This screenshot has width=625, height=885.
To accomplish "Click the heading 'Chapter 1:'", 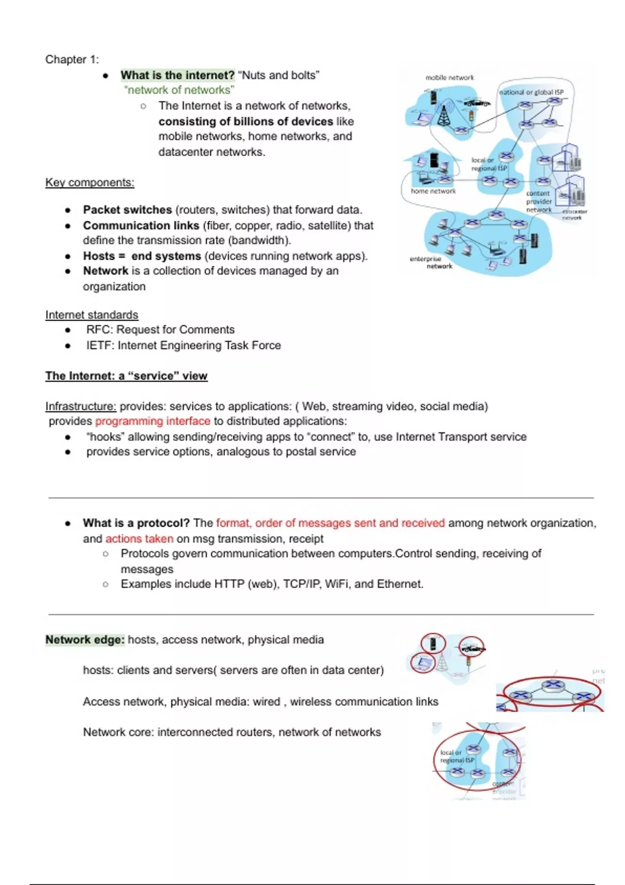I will point(72,59).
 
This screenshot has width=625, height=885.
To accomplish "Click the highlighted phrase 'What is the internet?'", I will point(178,75).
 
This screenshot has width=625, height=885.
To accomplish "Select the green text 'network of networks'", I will point(179,90).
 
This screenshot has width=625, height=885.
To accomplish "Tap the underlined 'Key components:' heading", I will point(90,182).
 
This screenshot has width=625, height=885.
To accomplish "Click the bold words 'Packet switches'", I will point(127,210).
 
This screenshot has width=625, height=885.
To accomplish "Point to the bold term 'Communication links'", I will point(141,225).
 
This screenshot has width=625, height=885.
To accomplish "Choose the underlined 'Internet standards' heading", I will point(92,315).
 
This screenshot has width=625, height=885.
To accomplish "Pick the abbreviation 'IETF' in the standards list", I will point(98,345).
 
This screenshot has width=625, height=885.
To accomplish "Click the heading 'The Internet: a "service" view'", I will point(126,376).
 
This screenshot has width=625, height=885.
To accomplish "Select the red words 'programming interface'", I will point(153,421).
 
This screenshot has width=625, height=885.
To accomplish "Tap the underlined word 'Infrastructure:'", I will point(81,406).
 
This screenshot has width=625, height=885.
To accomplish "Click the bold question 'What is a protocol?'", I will point(136,523).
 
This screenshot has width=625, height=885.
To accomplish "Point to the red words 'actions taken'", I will point(139,538).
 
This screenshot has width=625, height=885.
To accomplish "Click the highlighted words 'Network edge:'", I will point(85,639).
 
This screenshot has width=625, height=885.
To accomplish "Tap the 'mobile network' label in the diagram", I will point(449,78).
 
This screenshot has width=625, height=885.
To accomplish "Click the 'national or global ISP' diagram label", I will point(531,92).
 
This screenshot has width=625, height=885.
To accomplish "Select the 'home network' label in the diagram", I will point(433,191).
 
